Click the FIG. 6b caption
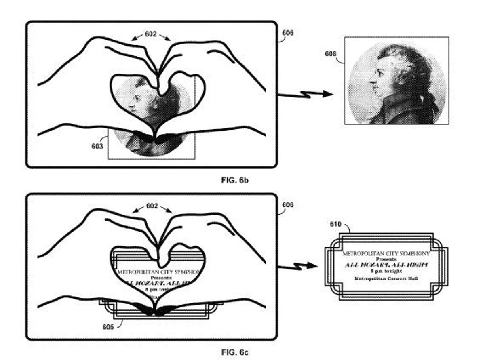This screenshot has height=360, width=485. point(234,180)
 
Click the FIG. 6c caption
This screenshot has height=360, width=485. point(234,352)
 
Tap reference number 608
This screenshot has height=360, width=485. point(331,53)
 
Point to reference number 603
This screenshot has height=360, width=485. point(97,146)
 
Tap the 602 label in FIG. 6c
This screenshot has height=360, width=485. point(152,206)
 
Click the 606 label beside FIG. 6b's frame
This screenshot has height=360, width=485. point(287,33)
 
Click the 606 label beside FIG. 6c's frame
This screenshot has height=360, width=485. point(287,205)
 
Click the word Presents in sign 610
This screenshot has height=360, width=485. point(386,259)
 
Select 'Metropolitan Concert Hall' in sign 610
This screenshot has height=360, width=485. point(386,279)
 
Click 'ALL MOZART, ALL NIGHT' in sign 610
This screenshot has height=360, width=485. point(386,265)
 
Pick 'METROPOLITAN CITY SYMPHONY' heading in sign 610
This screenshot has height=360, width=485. point(386,253)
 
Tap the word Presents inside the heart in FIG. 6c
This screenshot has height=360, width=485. point(161,278)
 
